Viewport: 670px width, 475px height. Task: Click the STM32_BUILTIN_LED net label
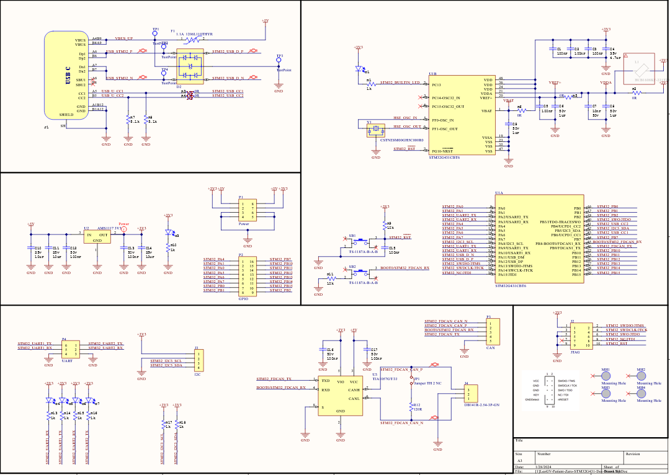pos(400,82)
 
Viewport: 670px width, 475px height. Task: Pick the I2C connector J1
pos(199,360)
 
